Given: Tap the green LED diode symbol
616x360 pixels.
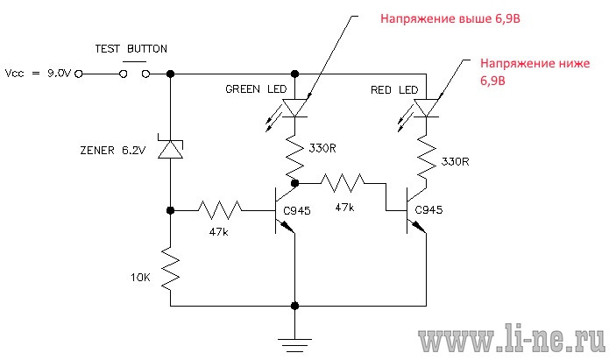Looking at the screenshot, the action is click(294, 108).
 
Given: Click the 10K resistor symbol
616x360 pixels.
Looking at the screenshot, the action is click(170, 269).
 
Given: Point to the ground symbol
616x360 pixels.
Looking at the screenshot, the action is click(294, 345).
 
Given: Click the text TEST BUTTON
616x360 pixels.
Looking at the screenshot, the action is click(131, 49).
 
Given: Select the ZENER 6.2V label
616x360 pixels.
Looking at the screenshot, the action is click(113, 151).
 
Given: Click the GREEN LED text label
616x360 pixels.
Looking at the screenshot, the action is click(256, 89).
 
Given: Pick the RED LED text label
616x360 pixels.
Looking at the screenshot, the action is click(394, 90).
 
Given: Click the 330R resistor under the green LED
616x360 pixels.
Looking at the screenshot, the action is click(294, 156).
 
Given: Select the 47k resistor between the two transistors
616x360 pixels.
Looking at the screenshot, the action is click(343, 183).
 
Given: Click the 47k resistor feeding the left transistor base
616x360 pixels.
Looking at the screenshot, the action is click(220, 210).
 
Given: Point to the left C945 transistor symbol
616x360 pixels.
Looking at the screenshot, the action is click(285, 210).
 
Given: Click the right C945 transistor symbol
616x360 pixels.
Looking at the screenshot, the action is click(416, 210).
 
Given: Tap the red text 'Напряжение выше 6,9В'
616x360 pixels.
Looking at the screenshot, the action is click(450, 19).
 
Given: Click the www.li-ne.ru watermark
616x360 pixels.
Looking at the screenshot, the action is click(511, 337).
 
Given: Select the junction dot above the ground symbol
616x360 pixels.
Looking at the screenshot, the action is click(294, 306).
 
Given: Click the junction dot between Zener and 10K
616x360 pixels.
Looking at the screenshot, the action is click(170, 210).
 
